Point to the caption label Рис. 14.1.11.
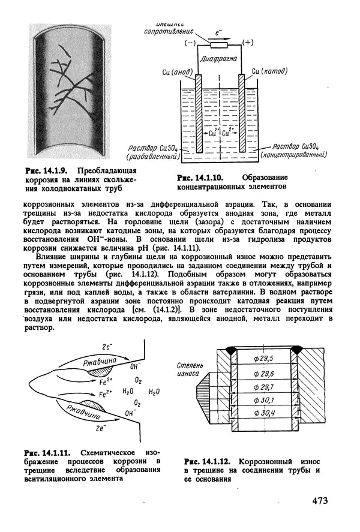click(43, 450)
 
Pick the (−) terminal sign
click(191, 43)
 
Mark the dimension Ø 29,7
click(264, 386)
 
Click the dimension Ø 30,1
click(264, 400)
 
